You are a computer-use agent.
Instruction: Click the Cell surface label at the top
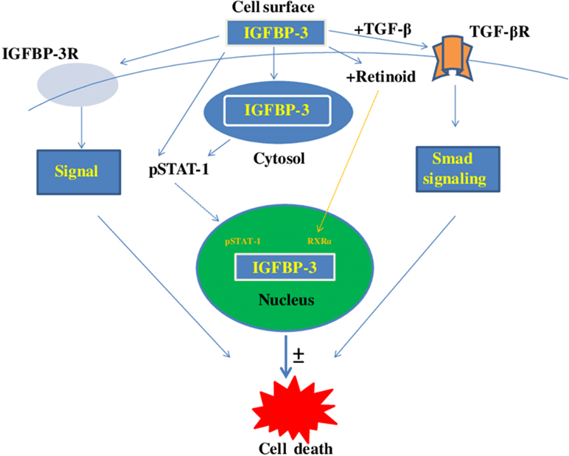(x=274, y=8)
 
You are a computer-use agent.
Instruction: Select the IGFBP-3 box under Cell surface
(x=274, y=32)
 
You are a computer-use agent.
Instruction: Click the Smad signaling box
(x=453, y=168)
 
